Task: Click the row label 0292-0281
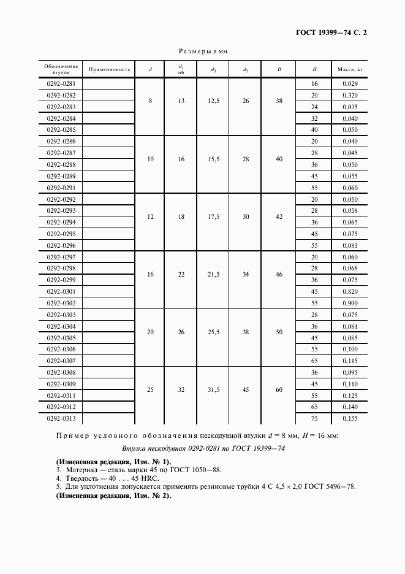click(x=61, y=83)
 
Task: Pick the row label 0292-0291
click(x=61, y=188)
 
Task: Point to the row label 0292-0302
click(x=61, y=304)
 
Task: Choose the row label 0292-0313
click(x=61, y=419)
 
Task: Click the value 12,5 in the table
click(x=213, y=101)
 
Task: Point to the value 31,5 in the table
click(x=213, y=389)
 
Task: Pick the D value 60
click(x=279, y=389)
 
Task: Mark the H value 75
click(x=314, y=419)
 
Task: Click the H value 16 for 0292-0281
click(x=314, y=83)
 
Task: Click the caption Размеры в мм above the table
click(x=202, y=52)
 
